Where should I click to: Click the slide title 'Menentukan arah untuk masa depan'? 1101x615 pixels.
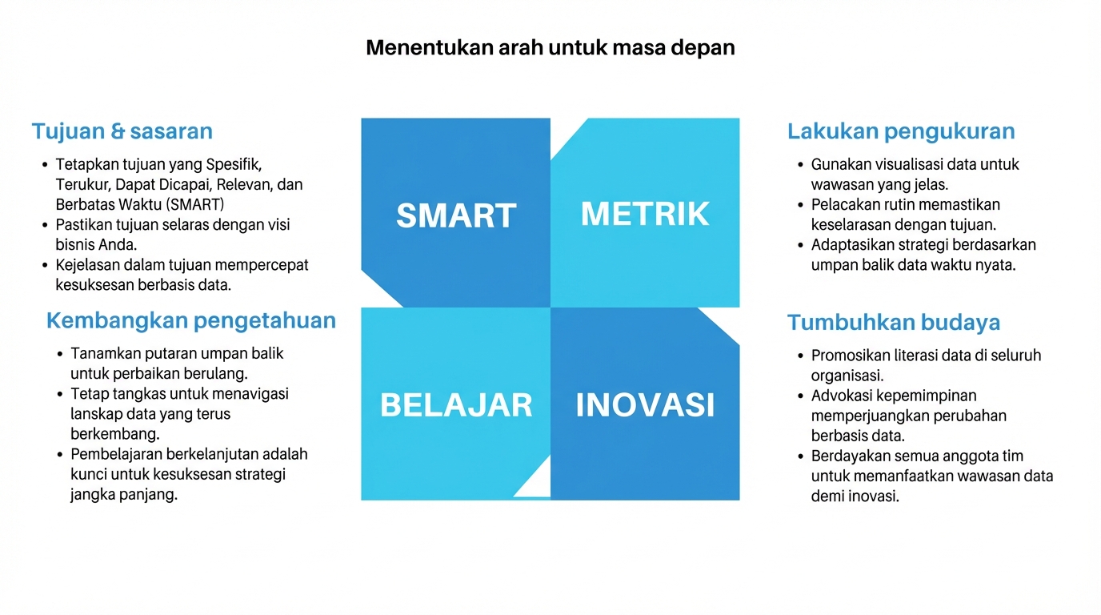point(550,47)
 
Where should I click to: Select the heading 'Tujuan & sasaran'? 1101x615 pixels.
point(122,131)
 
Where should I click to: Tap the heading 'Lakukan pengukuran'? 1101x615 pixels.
point(901,131)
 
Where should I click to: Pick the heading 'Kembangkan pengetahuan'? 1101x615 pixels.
point(190,321)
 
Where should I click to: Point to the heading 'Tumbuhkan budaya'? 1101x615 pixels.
point(893,323)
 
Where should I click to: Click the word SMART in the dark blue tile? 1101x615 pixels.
point(455,216)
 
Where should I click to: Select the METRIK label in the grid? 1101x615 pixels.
point(645,214)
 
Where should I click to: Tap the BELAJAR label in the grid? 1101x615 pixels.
point(456,405)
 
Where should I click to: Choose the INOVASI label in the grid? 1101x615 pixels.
point(645,405)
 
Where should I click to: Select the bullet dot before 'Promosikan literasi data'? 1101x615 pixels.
point(801,356)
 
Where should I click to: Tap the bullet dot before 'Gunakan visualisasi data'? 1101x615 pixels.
point(801,165)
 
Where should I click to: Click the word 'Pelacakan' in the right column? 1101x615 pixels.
point(844,205)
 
